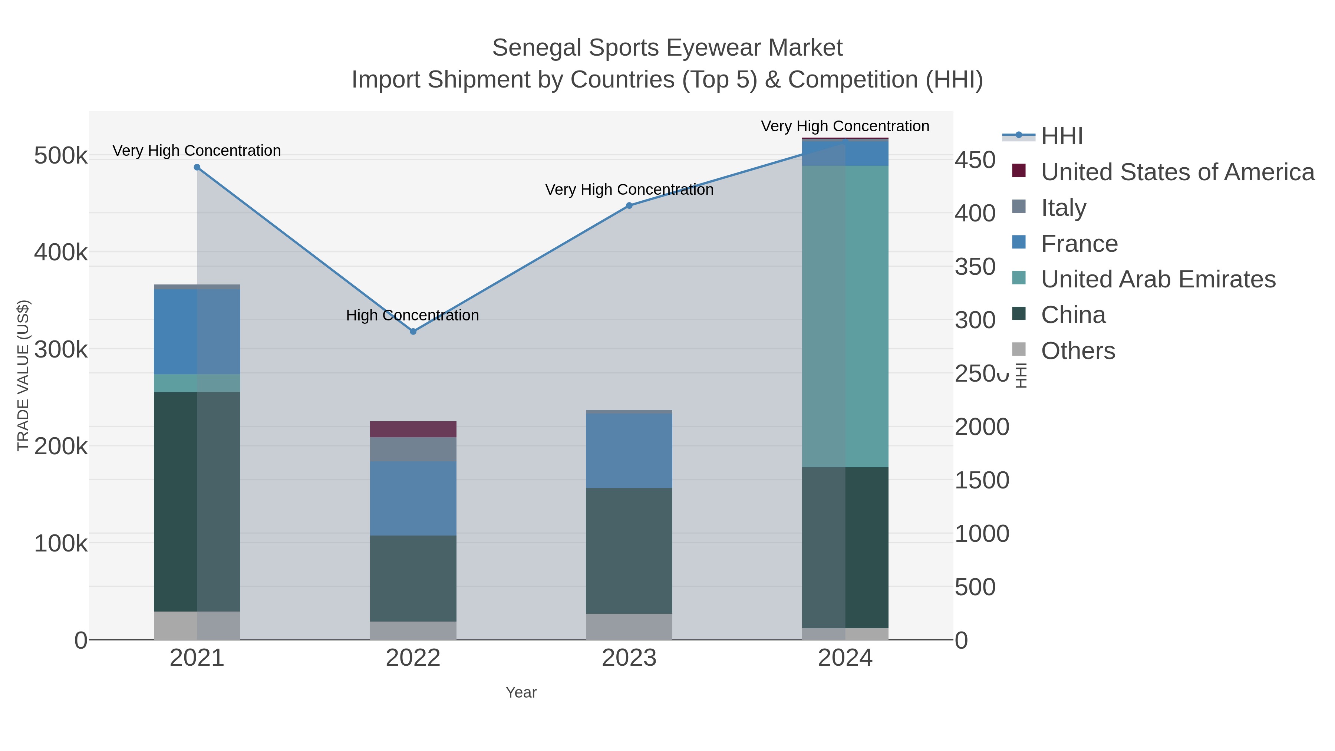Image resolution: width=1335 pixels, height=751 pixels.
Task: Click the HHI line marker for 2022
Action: [x=413, y=331]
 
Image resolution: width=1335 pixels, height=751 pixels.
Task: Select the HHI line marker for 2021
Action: [x=197, y=167]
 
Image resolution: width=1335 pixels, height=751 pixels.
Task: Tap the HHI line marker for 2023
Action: [x=629, y=206]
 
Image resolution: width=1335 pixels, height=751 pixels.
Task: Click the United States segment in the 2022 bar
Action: [x=413, y=429]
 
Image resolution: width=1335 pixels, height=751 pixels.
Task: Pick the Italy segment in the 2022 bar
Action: [x=413, y=449]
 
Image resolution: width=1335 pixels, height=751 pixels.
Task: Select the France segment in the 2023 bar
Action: [x=629, y=451]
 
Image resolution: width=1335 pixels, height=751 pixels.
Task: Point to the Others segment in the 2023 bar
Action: [x=629, y=627]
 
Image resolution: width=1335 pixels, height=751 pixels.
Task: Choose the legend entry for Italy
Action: [x=1064, y=208]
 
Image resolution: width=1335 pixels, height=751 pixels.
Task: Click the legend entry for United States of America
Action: [x=1177, y=172]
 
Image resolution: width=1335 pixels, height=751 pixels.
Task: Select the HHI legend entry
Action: [x=1061, y=136]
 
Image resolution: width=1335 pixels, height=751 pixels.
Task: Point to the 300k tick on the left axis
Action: [x=61, y=350]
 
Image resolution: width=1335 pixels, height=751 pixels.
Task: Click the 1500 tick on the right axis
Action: [x=982, y=480]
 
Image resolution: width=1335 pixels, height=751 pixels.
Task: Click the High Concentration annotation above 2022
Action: [x=412, y=315]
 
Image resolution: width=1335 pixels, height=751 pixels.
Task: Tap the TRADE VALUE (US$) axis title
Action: [x=23, y=375]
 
